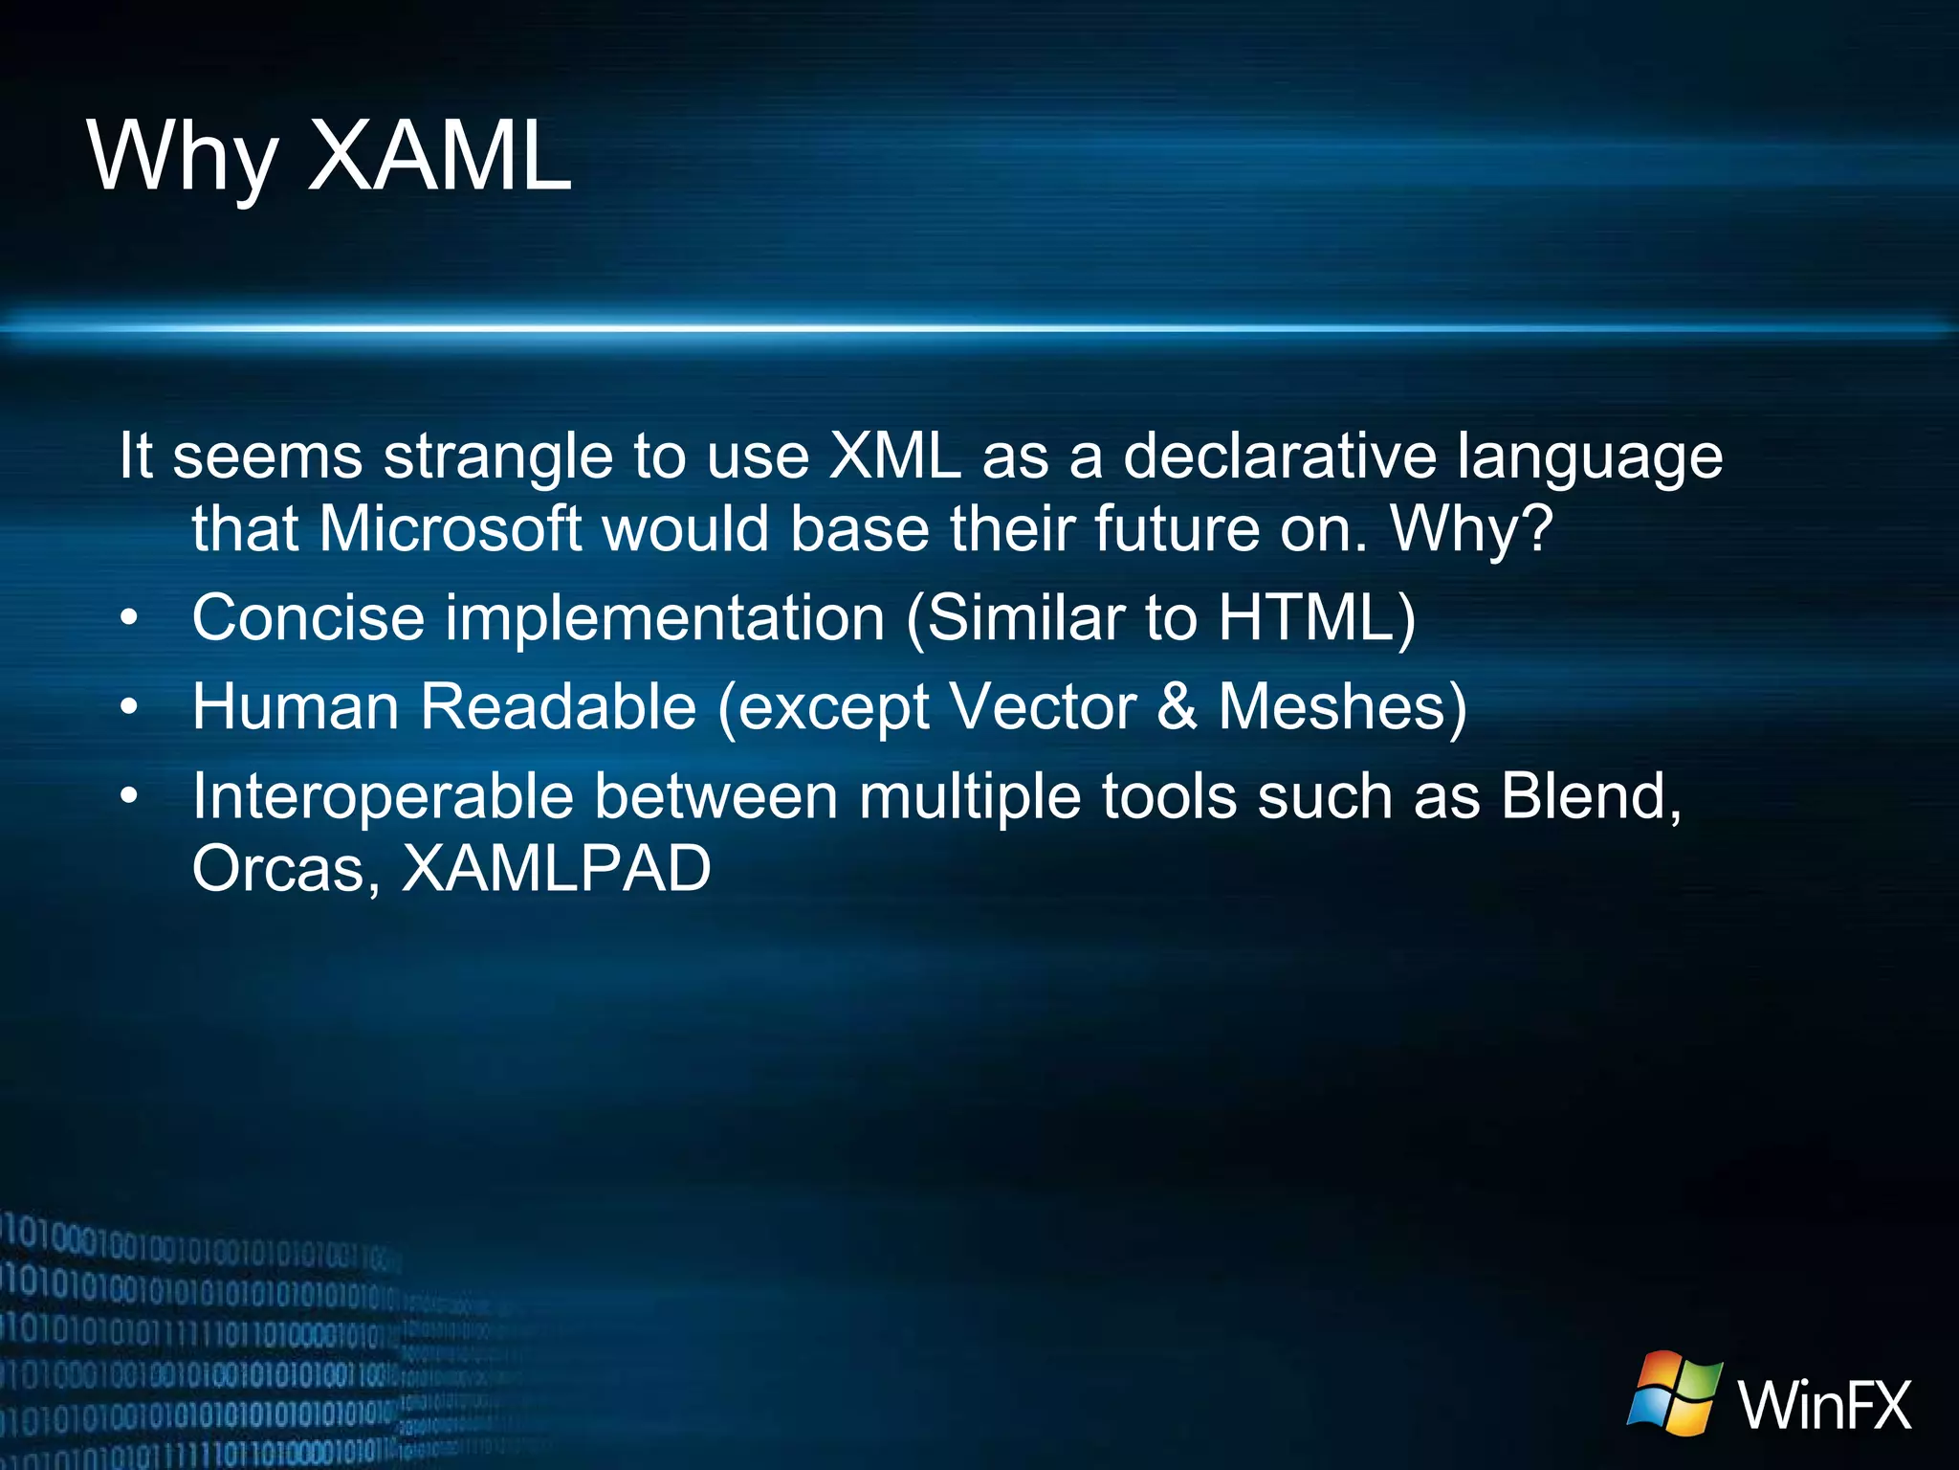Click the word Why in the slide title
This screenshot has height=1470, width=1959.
tap(183, 158)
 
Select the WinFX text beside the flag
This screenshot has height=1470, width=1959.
tap(1825, 1405)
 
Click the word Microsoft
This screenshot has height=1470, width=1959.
tap(450, 528)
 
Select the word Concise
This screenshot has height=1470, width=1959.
tap(308, 618)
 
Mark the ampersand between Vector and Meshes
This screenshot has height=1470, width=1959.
tap(1177, 707)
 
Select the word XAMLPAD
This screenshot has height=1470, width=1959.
tap(556, 869)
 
